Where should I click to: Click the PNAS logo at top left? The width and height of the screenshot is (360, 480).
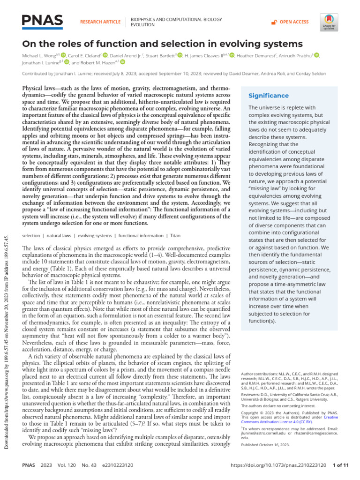pyautogui.click(x=43, y=21)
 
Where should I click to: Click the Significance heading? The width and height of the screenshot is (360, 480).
pyautogui.click(x=268, y=96)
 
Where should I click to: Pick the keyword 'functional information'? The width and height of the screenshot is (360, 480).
pyautogui.click(x=141, y=236)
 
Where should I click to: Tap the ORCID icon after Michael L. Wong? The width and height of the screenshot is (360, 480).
pyautogui.click(x=64, y=55)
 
